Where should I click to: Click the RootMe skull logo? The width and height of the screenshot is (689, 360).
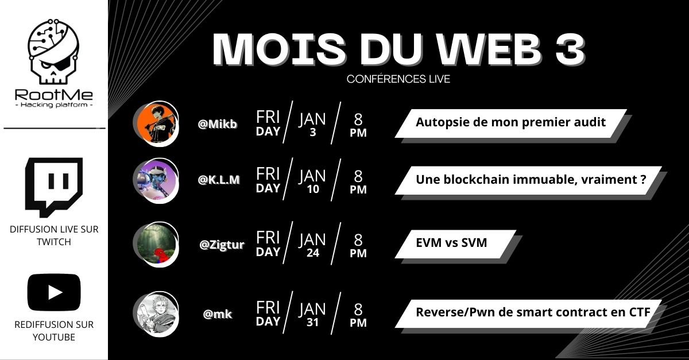pos(53,51)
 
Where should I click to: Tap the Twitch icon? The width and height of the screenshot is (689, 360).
pos(54,187)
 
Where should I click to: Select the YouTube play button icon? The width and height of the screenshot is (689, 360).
pos(54,292)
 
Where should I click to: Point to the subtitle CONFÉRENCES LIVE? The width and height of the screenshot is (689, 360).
pos(398,79)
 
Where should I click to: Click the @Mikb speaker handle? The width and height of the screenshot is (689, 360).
pos(218,124)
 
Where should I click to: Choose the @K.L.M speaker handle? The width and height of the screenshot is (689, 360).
pos(219,180)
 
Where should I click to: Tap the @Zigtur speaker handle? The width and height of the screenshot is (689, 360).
pos(222,245)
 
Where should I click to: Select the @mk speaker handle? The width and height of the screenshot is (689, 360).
pos(218,314)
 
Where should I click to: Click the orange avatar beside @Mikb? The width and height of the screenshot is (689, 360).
pos(156,123)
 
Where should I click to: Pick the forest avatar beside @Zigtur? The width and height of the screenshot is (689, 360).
pos(156,245)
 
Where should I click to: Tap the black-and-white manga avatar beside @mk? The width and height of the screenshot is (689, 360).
pos(156,314)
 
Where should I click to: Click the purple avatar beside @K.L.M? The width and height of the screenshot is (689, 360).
pos(156,180)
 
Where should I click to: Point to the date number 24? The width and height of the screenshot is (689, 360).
pos(313,253)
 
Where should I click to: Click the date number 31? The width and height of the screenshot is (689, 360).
pos(312,323)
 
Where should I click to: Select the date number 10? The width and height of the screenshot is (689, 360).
pos(313,189)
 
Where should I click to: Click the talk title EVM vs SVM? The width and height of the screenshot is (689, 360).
pos(451,243)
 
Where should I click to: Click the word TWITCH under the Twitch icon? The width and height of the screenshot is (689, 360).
pos(54,242)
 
